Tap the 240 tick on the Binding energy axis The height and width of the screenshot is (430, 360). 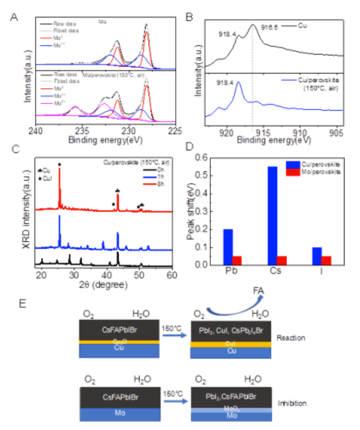click(36, 131)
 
